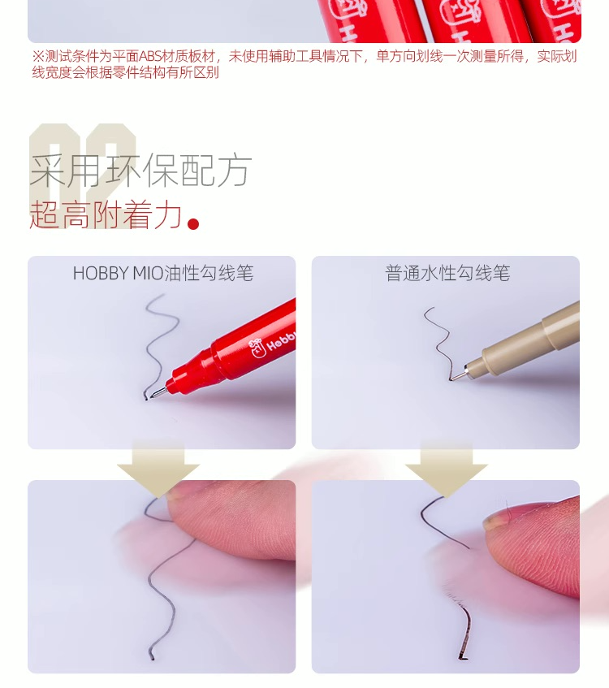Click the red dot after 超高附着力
click(193, 223)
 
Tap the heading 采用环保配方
click(140, 171)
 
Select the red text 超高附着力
click(106, 214)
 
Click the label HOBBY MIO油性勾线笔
click(163, 273)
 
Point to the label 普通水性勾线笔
click(447, 273)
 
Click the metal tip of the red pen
click(159, 393)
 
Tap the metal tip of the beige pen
click(458, 375)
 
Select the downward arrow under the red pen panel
click(158, 469)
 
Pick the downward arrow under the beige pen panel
click(447, 469)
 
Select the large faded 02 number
click(83, 175)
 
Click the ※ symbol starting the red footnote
click(38, 57)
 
